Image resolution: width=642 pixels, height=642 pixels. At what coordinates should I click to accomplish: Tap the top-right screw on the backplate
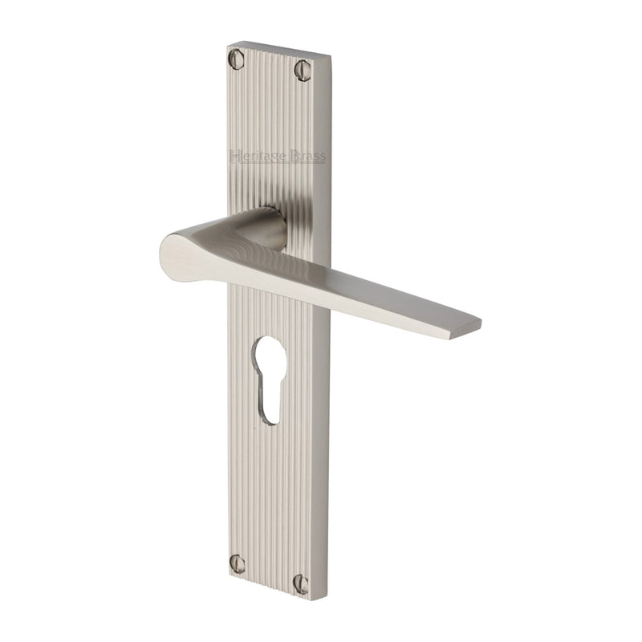pos(302,70)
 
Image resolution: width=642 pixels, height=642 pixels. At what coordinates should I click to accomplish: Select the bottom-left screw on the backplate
pos(238,563)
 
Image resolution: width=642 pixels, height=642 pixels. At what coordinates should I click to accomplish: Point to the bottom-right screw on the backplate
pos(301,579)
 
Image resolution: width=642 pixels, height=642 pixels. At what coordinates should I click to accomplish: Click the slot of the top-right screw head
pos(302,70)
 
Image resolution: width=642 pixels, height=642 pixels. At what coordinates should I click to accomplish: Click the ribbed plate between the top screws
pos(270,64)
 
